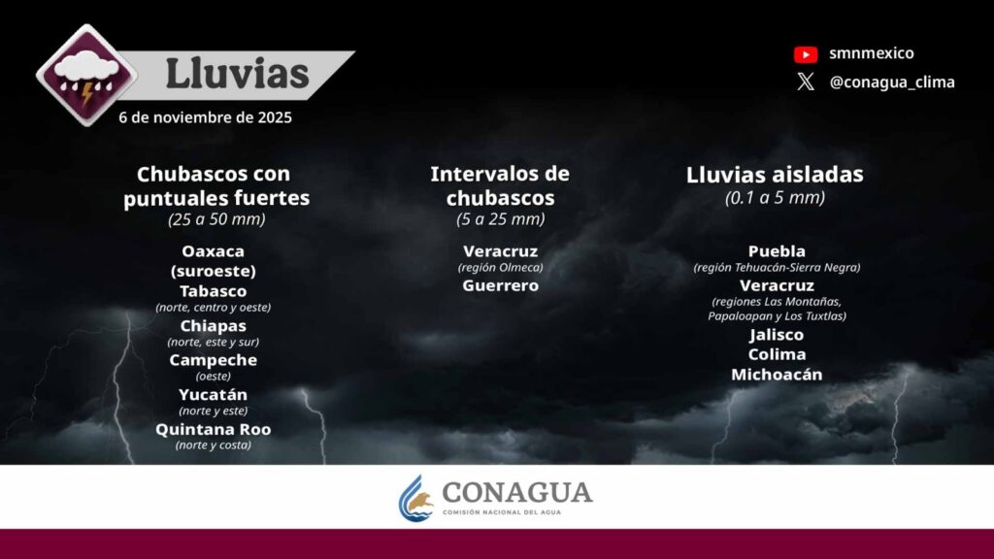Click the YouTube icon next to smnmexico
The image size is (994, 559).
806,54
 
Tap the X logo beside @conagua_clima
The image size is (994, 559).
806,82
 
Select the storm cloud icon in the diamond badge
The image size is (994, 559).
86,75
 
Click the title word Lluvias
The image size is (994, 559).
237,74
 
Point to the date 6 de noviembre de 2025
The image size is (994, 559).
206,117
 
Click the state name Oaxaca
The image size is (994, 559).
213,251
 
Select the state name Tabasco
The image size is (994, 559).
213,291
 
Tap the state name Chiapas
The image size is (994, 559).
213,326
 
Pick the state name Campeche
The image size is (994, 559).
213,360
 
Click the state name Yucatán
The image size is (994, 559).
213,394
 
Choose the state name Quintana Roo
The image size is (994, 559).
213,429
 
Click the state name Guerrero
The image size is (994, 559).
500,285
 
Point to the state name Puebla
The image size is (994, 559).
777,251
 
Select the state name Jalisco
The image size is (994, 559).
777,335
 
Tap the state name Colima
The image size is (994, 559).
777,354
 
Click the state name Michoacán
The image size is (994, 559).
777,375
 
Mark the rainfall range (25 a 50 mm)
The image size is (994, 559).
216,219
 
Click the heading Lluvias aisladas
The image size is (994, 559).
775,175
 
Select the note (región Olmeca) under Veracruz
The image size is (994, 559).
500,268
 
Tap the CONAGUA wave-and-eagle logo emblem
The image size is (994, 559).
415,498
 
